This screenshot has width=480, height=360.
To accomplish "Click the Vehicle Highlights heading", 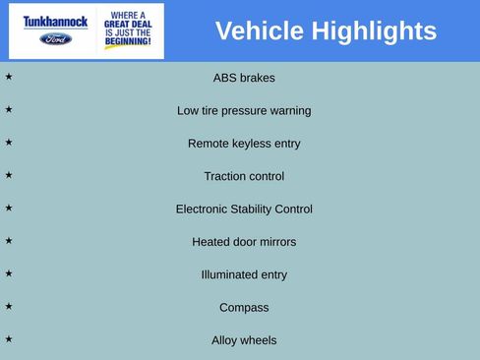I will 326,31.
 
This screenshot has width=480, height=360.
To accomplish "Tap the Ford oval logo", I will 55,39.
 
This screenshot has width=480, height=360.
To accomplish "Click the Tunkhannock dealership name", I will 55,21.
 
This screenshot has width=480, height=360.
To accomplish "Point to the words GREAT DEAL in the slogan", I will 128,26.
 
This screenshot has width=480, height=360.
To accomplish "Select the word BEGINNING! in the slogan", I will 128,42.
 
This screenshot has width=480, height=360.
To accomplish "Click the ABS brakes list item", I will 244,78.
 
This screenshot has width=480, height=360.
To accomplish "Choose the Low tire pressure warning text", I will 244,110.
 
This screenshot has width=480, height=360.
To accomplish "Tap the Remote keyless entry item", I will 244,144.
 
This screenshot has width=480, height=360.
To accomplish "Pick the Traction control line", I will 244,176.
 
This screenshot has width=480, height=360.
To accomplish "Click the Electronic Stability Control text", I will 244,209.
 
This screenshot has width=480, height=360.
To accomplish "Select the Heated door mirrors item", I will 244,242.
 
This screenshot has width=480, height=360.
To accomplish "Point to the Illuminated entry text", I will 244,274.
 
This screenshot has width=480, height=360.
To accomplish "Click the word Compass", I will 244,308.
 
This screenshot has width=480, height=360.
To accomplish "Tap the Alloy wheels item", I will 244,340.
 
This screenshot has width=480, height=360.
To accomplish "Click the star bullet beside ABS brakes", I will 9,76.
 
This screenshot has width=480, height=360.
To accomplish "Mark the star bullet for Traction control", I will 9,174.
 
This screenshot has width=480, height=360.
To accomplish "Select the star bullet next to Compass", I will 9,306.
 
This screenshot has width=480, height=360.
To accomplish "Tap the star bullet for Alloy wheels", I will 9,338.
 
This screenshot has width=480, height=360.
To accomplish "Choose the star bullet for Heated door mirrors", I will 9,240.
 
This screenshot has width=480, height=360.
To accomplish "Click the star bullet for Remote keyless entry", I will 9,142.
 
